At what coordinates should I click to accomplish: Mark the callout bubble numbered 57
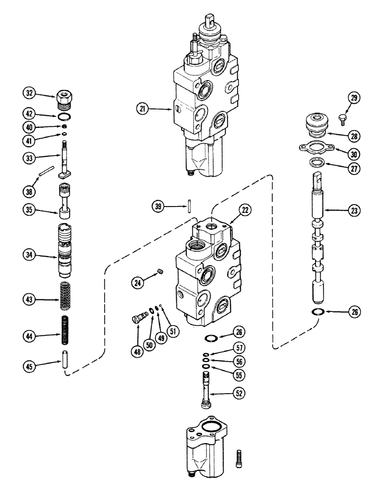[239, 348]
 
